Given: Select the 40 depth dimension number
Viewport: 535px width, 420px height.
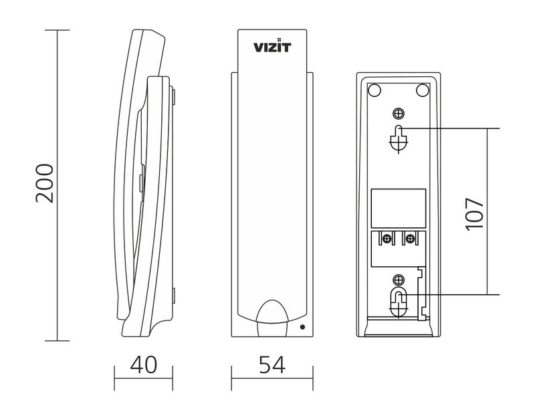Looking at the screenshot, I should (x=143, y=364).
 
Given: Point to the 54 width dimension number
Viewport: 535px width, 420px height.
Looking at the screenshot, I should (x=271, y=364).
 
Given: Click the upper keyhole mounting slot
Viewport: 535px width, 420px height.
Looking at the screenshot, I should (x=398, y=137).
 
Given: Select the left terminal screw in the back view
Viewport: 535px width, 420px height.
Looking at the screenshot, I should (x=387, y=237).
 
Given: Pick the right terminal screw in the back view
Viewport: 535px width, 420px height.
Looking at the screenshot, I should (x=409, y=237).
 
